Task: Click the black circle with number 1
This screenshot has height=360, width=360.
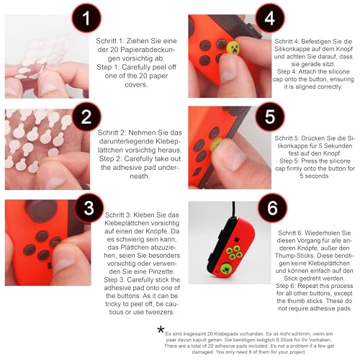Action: click(x=86, y=19)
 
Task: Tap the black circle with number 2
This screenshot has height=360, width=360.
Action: click(x=86, y=117)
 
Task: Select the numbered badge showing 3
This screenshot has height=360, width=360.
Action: click(x=89, y=208)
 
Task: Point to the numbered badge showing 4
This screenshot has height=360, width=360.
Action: click(x=270, y=18)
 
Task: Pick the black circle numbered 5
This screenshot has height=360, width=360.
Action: click(x=270, y=117)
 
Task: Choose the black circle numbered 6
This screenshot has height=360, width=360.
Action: click(x=272, y=208)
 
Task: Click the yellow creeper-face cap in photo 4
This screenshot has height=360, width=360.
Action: click(x=233, y=48)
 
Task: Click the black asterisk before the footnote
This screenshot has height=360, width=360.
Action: click(x=161, y=329)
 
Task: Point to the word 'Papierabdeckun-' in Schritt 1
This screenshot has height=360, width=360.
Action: click(x=143, y=50)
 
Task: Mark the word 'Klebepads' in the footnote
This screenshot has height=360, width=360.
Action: click(x=225, y=334)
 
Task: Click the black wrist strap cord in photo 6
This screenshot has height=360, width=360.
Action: click(x=233, y=210)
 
